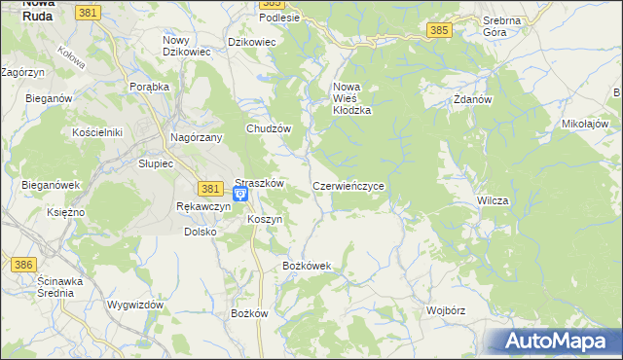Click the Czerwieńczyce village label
353,185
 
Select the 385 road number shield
438,32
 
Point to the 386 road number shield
22,264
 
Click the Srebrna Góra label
502,25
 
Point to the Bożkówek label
307,266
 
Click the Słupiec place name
155,164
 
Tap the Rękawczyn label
202,206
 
